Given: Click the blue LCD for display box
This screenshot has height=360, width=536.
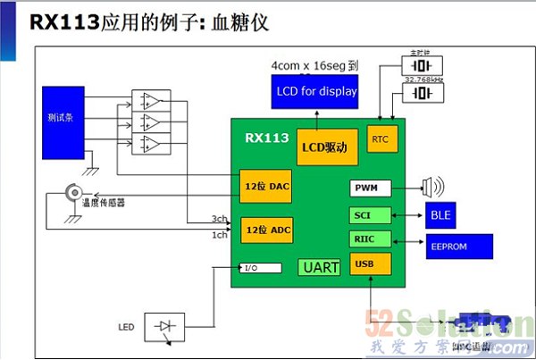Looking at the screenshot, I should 314,91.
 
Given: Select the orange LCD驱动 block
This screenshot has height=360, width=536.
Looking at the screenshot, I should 327,146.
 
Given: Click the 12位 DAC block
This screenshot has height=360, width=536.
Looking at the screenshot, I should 266,186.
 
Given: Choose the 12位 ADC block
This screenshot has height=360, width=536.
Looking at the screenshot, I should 266,230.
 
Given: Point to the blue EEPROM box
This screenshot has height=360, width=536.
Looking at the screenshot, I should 458,246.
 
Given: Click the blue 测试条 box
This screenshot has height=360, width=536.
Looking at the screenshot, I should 63,117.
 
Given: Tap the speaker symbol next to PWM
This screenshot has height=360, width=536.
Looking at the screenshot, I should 432,188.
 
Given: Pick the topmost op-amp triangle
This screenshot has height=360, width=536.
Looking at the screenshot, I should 151,100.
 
